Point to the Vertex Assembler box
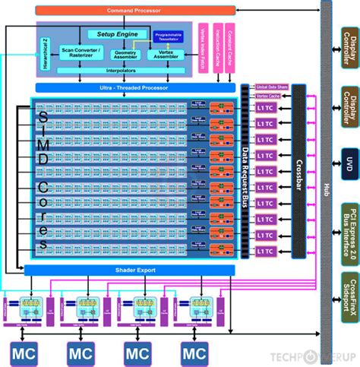(166, 54)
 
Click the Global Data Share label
(271, 87)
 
